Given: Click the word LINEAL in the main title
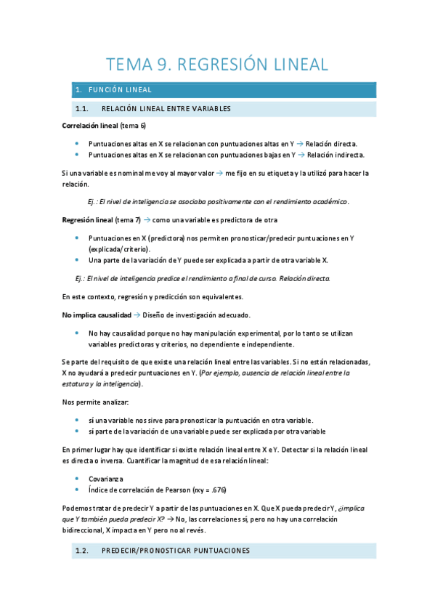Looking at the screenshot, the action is [293, 65].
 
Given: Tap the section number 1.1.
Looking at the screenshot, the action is [81, 109].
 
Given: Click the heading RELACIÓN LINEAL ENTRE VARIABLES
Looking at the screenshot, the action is [166, 109].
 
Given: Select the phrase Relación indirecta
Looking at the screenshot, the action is [336, 155].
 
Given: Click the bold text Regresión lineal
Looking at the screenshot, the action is [86, 219].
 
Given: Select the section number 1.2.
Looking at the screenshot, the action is [81, 551].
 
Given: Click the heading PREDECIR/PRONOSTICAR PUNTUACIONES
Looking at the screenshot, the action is [176, 551].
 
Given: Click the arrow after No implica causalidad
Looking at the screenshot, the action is [137, 315].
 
